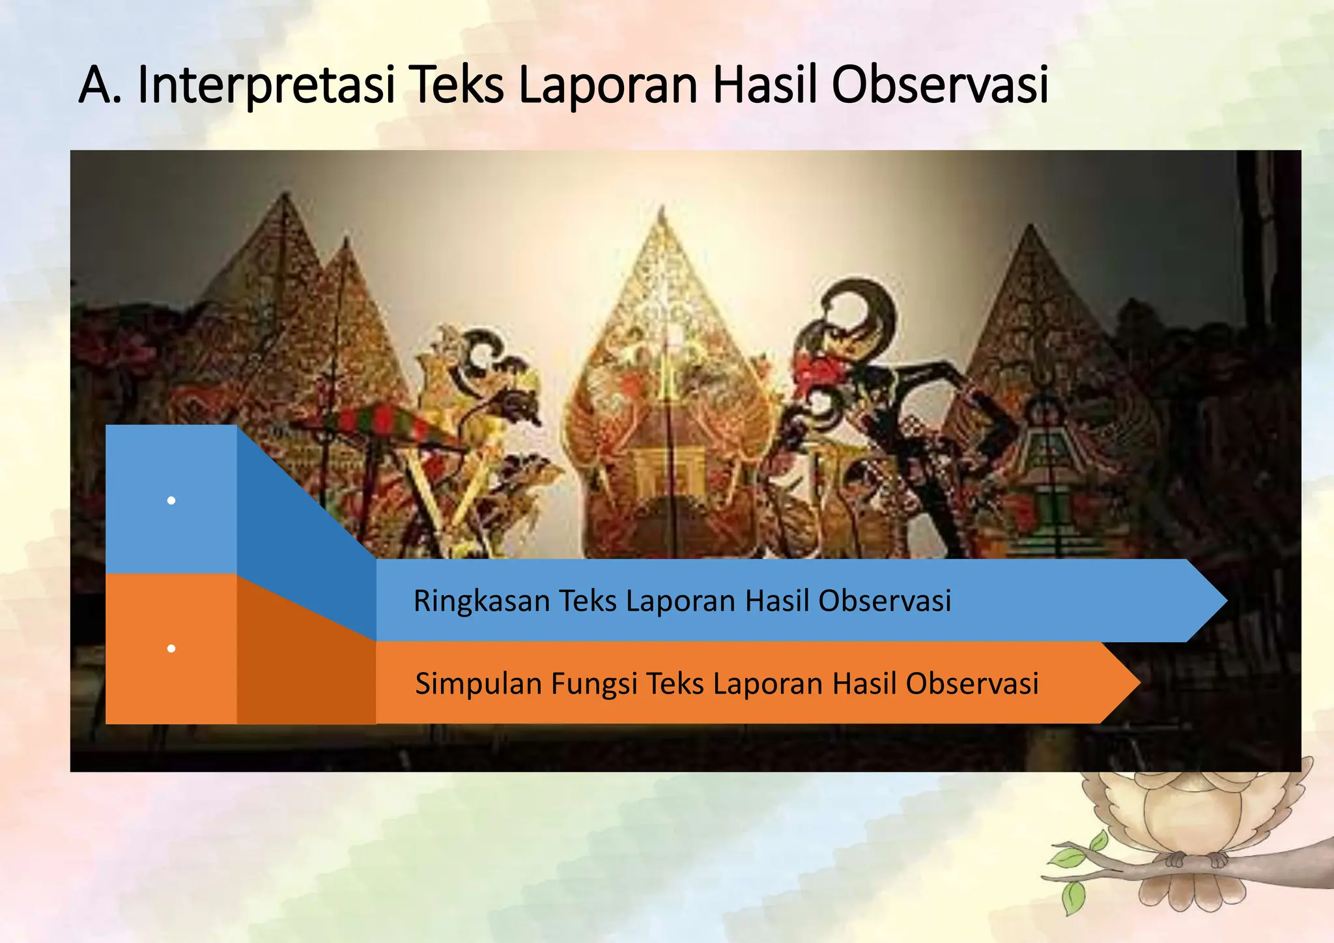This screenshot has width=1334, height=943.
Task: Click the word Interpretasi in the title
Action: [266, 85]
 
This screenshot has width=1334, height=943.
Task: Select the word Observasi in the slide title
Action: [939, 85]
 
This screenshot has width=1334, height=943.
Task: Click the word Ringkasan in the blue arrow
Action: [482, 600]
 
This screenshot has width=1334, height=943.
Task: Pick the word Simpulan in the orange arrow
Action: [479, 683]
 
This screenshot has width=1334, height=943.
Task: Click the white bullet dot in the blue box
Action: [171, 500]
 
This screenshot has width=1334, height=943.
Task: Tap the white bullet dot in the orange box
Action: [171, 649]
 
